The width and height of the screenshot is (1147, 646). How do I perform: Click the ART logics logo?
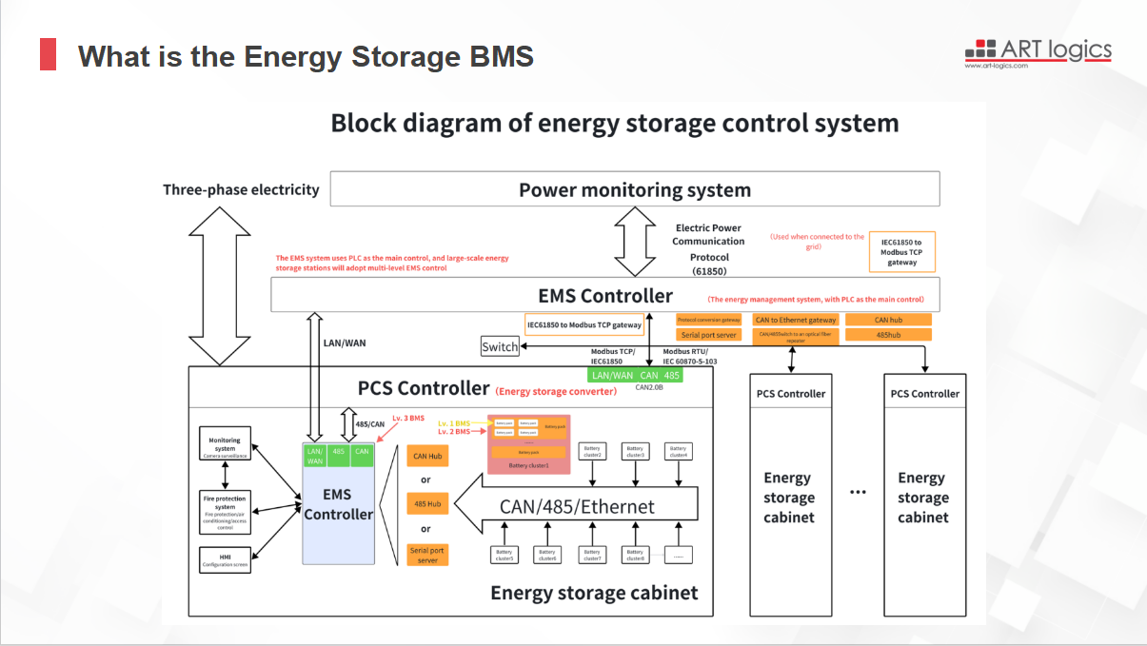[1038, 51]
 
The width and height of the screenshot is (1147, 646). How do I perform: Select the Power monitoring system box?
[634, 189]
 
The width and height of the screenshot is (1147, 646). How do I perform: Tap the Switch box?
[500, 347]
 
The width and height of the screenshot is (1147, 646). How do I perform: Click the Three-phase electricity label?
[241, 189]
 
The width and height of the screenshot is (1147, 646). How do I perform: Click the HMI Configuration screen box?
[225, 559]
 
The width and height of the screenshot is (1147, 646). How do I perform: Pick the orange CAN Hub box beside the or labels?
[427, 457]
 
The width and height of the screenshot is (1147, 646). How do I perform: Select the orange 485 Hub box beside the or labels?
[427, 503]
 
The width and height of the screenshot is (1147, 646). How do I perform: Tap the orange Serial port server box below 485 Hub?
[427, 555]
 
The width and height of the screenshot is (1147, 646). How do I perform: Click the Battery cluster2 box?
[592, 452]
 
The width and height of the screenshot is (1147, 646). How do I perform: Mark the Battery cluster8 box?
[635, 555]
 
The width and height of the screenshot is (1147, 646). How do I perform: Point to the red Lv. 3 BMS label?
[408, 419]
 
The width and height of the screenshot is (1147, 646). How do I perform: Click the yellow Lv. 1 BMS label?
[453, 422]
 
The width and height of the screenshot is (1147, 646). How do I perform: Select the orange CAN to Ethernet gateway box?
[795, 321]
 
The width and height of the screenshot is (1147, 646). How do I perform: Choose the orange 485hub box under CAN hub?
[888, 335]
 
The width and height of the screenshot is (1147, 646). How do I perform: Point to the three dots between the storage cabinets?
[858, 492]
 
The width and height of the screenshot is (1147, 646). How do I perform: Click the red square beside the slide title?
[48, 55]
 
